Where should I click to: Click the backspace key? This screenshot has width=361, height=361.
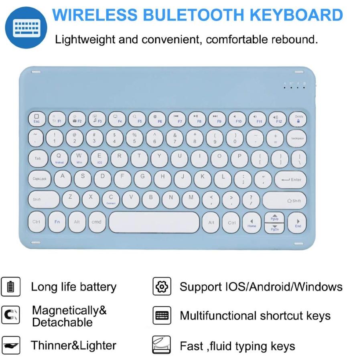(x=297, y=138)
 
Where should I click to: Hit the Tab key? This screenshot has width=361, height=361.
(x=38, y=158)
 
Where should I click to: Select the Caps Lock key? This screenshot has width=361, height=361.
(x=40, y=179)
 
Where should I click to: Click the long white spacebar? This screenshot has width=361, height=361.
(x=154, y=222)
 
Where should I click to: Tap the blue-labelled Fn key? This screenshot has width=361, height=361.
(x=57, y=222)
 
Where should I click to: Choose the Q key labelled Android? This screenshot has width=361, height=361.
(x=59, y=158)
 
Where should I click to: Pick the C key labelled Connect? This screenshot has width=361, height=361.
(x=111, y=199)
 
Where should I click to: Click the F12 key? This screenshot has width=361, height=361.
(x=278, y=119)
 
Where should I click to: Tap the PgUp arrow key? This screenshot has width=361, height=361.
(x=274, y=217)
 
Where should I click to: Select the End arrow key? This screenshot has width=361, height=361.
(x=298, y=223)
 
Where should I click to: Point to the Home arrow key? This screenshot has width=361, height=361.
(x=252, y=223)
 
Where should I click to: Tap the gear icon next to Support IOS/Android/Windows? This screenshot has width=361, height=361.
(x=162, y=286)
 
